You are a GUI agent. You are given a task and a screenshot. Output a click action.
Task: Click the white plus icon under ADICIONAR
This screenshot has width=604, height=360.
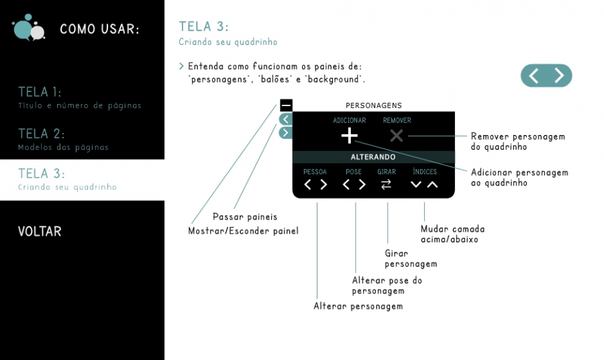click(350, 136)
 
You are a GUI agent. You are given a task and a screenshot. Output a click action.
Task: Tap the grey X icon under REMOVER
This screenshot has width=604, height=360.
click(397, 136)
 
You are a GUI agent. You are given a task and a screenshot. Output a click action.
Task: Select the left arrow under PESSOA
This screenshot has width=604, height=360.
click(307, 185)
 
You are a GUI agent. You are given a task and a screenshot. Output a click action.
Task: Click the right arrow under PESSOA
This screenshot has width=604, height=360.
click(323, 185)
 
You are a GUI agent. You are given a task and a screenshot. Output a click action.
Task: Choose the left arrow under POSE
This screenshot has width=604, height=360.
click(346, 185)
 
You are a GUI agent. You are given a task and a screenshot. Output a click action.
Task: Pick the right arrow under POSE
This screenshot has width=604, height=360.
click(362, 185)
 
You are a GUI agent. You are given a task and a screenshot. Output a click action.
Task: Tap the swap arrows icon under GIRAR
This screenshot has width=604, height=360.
click(386, 185)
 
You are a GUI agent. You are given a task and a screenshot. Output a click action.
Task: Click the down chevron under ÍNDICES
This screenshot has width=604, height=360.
click(416, 185)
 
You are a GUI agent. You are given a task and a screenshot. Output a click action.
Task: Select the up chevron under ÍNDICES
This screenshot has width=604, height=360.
click(432, 185)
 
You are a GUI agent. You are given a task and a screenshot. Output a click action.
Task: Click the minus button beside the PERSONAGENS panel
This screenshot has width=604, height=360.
click(286, 105)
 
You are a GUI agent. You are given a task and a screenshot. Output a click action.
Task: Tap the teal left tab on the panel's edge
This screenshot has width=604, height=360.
click(286, 120)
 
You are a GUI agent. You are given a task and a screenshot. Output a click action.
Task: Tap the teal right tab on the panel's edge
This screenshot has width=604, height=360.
click(286, 133)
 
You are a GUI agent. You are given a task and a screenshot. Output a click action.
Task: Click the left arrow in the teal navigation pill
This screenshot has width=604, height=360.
click(534, 75)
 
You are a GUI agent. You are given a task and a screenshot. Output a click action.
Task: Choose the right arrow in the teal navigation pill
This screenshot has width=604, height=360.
click(559, 75)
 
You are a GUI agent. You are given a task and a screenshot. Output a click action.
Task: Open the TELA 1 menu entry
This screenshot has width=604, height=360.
click(40, 92)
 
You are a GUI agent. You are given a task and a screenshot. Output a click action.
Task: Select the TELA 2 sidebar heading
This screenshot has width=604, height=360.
click(41, 134)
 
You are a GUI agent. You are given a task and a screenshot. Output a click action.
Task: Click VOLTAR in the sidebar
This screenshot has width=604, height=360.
click(40, 231)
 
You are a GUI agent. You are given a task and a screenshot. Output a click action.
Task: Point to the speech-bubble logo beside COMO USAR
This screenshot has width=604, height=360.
click(28, 28)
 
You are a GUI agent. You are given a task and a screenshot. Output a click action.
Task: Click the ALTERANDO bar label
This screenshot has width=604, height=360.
click(373, 157)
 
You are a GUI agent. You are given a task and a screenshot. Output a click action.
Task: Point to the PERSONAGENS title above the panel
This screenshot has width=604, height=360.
click(374, 105)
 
